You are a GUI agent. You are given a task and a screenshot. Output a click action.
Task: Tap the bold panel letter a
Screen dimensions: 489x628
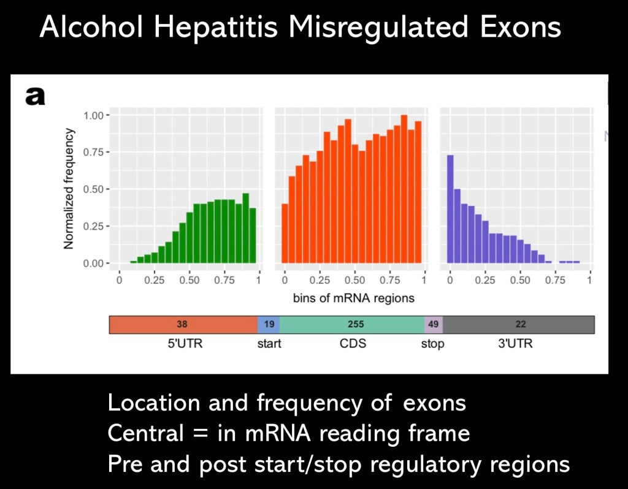coord(34,96)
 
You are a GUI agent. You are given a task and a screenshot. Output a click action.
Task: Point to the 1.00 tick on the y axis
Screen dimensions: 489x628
coord(96,115)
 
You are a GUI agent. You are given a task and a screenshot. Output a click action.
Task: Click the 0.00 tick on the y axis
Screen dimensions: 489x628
coord(96,263)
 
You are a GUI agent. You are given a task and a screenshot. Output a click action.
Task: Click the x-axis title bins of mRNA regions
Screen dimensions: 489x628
coord(354,298)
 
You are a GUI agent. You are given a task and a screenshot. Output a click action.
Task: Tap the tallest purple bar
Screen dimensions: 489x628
coord(450,209)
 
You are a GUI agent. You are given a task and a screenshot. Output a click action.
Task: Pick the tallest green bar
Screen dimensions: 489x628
coord(245,229)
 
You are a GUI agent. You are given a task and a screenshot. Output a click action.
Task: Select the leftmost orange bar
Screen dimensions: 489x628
coord(285,233)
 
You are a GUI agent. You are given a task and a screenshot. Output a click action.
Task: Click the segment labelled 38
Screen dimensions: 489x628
coord(182,325)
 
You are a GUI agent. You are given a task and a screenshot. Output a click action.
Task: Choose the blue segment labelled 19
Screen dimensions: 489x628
coord(269,325)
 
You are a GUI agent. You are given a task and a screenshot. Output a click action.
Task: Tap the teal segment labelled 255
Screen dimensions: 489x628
coord(352,325)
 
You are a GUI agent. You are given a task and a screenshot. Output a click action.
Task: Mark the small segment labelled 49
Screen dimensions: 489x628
coord(434,325)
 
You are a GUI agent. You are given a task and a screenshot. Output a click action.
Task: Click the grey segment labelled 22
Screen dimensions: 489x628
coord(520,325)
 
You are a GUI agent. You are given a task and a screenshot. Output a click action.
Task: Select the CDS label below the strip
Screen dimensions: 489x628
coord(353,343)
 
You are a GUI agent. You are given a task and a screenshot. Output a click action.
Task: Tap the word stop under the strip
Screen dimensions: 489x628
coord(432,344)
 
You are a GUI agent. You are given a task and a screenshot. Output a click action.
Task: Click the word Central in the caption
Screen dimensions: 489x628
coord(145,433)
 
